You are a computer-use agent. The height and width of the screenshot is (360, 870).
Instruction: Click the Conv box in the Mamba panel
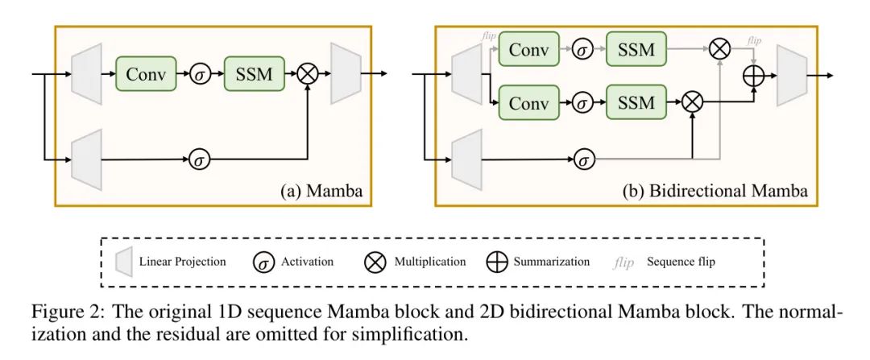pyautogui.click(x=147, y=74)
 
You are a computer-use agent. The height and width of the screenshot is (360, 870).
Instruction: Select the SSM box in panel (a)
pyautogui.click(x=254, y=74)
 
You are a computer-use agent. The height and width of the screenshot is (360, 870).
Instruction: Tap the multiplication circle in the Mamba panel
pyautogui.click(x=307, y=74)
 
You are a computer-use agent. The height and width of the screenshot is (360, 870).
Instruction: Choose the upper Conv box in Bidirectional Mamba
pyautogui.click(x=529, y=50)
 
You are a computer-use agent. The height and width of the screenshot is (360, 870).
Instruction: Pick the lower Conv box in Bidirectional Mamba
pyautogui.click(x=529, y=102)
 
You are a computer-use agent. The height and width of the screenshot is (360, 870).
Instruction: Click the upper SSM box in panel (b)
pyautogui.click(x=636, y=50)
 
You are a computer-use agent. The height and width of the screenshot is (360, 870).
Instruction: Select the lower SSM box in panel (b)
pyautogui.click(x=636, y=102)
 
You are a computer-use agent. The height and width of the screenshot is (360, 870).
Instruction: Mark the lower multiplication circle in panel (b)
pyautogui.click(x=691, y=102)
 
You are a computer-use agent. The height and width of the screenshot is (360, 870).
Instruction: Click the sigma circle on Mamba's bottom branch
pyautogui.click(x=200, y=159)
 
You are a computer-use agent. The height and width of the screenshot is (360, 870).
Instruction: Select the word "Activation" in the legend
pyautogui.click(x=307, y=263)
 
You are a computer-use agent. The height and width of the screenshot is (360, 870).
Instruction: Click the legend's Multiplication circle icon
pyautogui.click(x=377, y=262)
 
